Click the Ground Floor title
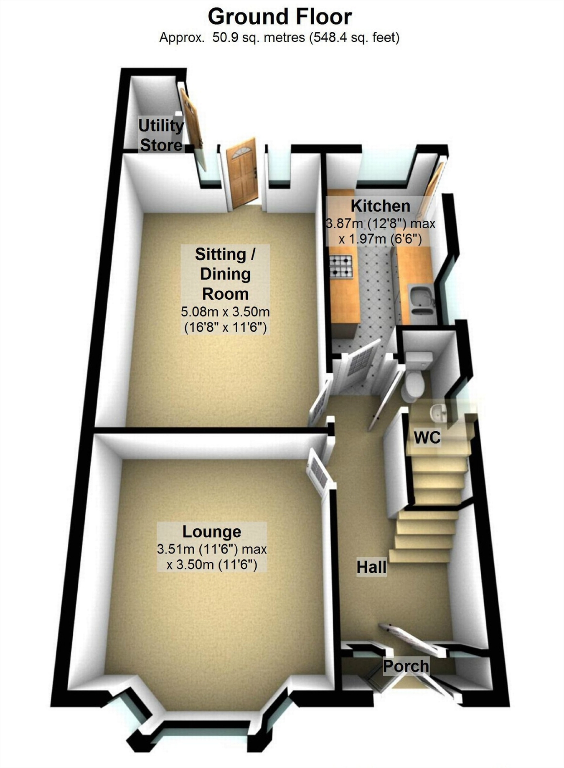(x=279, y=17)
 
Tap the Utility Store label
(x=161, y=135)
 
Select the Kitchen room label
(x=380, y=206)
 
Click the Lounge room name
(x=212, y=531)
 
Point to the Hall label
(x=371, y=567)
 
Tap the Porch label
(x=406, y=666)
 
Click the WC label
(x=427, y=437)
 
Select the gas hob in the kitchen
(x=341, y=267)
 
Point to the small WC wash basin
(x=439, y=412)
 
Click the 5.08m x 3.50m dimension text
(x=225, y=311)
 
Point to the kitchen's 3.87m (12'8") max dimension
(x=380, y=224)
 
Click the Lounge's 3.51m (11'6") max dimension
(x=212, y=549)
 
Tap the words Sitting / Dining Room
(x=225, y=274)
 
